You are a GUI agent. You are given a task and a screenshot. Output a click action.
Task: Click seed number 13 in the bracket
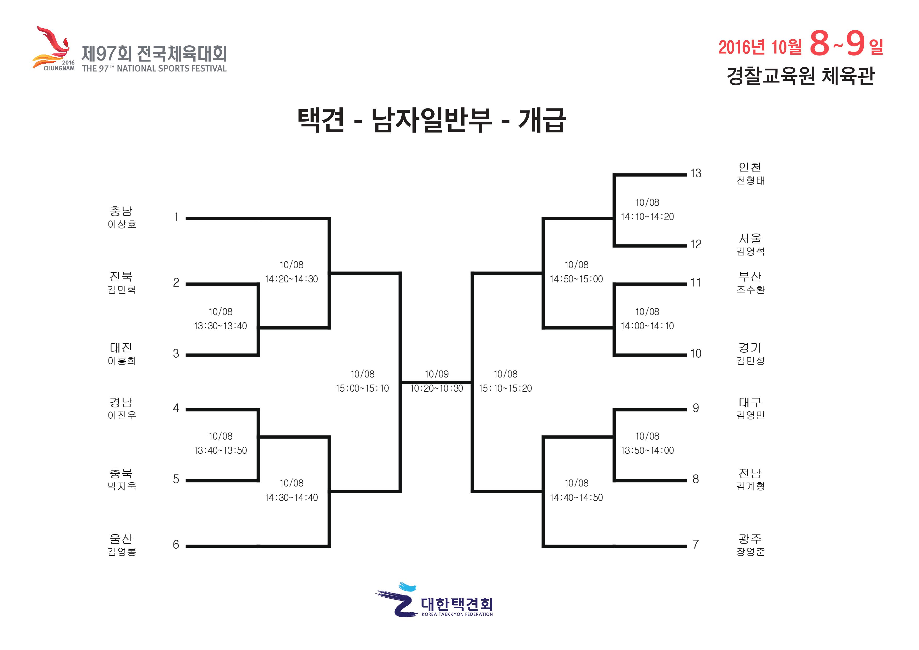coord(696,173)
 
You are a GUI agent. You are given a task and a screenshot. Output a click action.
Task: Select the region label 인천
coord(750,167)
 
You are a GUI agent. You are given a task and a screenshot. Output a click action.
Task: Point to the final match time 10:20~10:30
coord(436,388)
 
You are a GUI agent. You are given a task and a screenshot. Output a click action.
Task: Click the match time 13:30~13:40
coord(221,326)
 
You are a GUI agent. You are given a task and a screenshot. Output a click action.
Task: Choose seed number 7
coord(696,544)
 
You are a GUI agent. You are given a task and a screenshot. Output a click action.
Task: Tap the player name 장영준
coord(751,551)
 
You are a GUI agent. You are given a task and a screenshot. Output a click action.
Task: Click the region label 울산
coord(121,538)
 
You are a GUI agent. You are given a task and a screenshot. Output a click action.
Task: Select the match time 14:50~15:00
coord(576,279)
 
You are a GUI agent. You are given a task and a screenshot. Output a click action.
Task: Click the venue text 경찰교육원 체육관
coord(801,76)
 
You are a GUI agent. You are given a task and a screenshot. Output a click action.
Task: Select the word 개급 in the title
coord(542,120)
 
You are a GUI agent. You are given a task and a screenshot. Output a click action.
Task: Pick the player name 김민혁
coord(122,290)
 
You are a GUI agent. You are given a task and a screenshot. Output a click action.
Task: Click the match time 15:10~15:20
coord(505,388)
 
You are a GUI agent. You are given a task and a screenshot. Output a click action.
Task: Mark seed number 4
coord(176,408)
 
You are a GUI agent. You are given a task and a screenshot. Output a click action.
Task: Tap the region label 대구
coord(750,402)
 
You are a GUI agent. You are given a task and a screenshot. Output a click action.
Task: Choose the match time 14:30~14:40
coord(291,498)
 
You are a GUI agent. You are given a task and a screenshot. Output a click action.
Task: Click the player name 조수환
coord(751,290)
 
